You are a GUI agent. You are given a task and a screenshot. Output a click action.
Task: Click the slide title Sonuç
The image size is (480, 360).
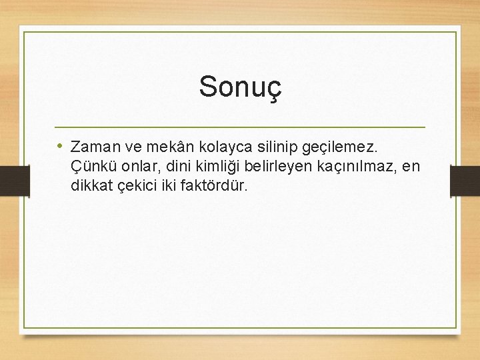pyautogui.click(x=241, y=87)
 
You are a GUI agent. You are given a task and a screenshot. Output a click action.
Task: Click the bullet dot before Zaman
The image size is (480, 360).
pyautogui.click(x=60, y=145)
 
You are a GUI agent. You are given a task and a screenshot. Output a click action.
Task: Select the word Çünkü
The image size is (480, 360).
pyautogui.click(x=91, y=166)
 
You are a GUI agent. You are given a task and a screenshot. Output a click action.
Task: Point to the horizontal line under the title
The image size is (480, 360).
pyautogui.click(x=240, y=127)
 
